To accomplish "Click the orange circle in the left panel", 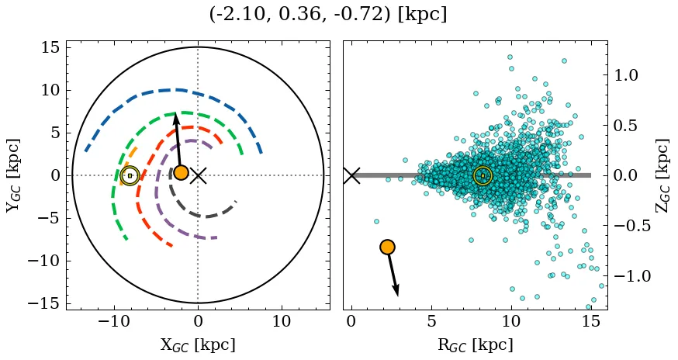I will [x=181, y=172].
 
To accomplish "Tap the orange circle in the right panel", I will [x=387, y=247].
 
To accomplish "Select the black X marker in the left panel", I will [x=199, y=175].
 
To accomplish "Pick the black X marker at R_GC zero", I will [x=351, y=175].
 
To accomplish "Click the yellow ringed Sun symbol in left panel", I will [x=130, y=175].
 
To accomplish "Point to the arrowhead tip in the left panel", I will [x=175, y=114].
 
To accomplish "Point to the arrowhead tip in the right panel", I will [x=398, y=296].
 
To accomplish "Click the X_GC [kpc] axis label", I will [x=198, y=344].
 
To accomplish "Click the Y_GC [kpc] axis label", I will [x=12, y=175].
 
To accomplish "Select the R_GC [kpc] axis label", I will [x=476, y=344].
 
